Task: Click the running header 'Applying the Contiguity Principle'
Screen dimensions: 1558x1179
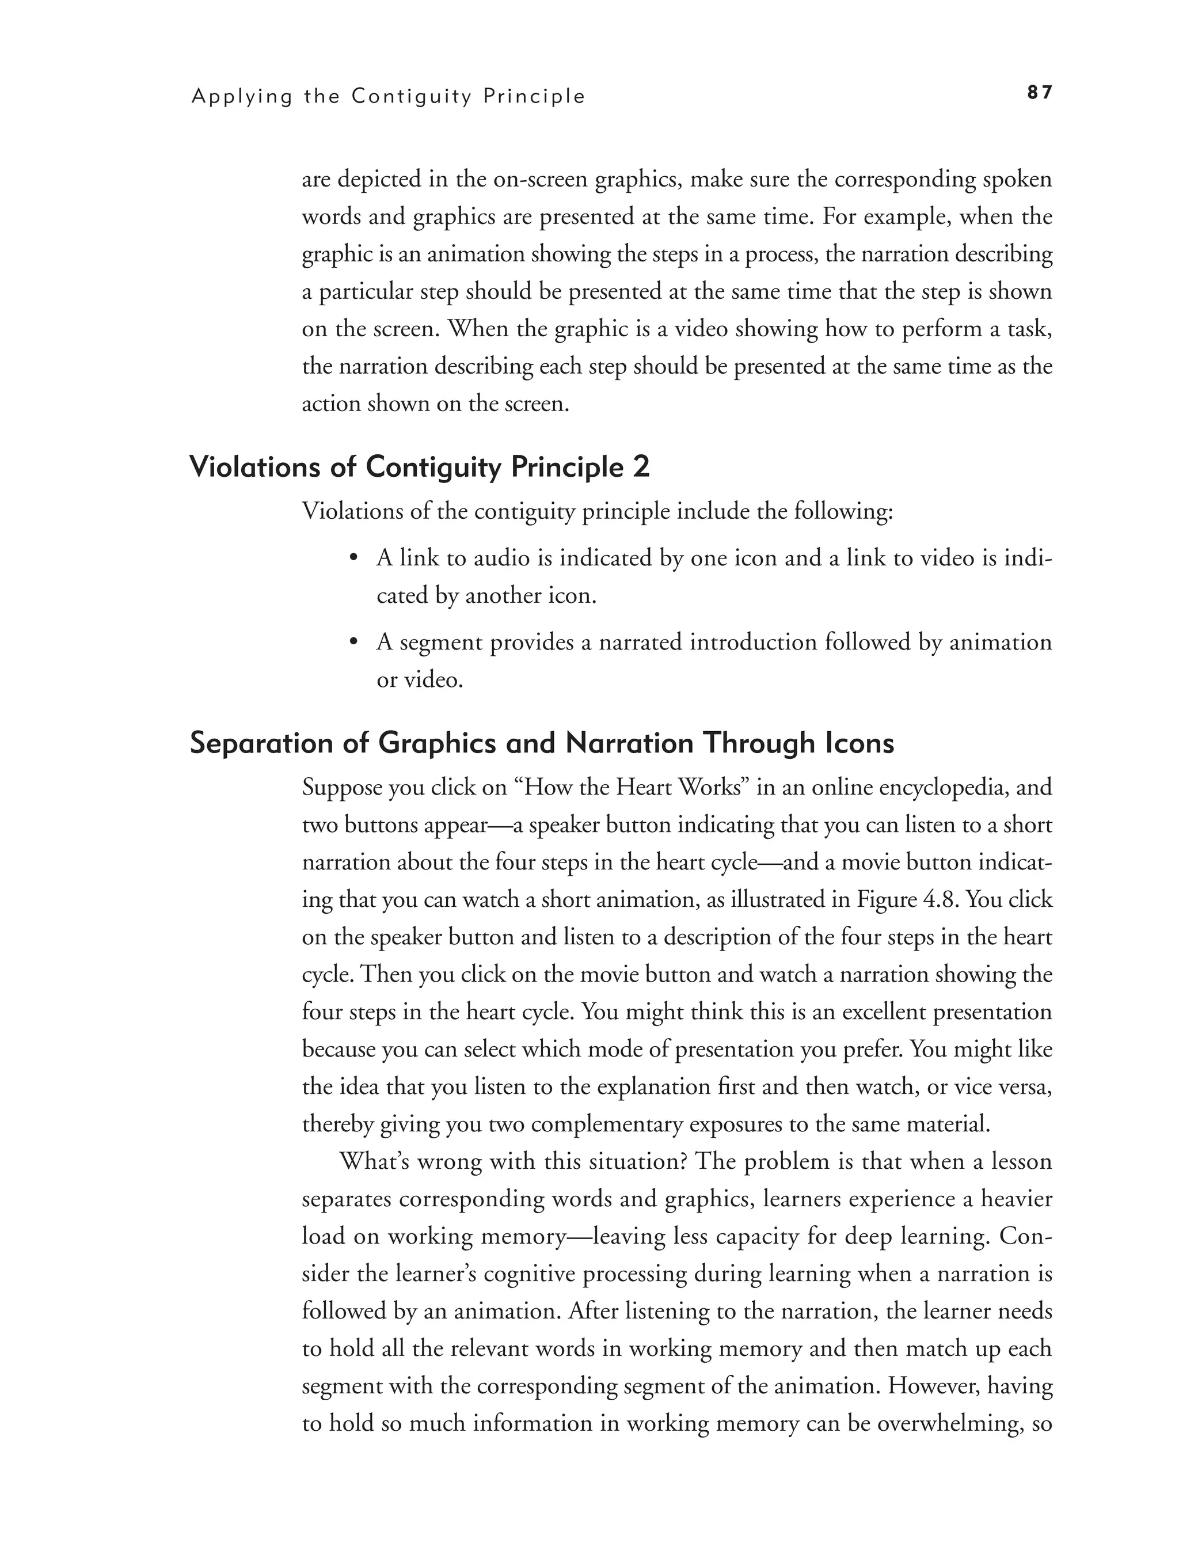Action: (x=388, y=97)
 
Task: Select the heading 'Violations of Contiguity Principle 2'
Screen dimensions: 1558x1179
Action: (x=420, y=468)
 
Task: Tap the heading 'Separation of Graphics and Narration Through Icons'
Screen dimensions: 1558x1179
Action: (x=542, y=744)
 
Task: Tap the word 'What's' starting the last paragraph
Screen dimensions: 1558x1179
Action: (x=374, y=1161)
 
